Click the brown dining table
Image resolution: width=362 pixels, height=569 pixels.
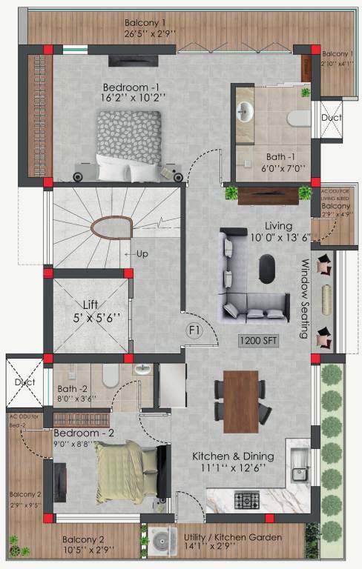point(241,401)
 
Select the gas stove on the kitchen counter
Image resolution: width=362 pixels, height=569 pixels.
point(246,502)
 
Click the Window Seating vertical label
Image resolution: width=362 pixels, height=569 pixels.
point(304,299)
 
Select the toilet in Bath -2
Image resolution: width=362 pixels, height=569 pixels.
point(111,376)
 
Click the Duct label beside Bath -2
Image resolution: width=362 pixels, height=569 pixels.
point(24,382)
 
